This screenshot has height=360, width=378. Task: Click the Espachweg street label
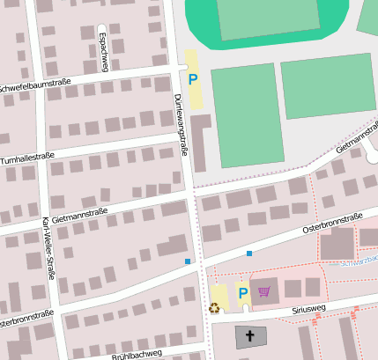[102, 51]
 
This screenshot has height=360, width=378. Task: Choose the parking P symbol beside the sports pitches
[193, 79]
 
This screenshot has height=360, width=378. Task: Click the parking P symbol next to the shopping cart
[242, 293]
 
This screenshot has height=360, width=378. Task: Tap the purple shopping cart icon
[263, 290]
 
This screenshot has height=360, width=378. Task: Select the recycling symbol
[214, 308]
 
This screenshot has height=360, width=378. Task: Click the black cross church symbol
[250, 335]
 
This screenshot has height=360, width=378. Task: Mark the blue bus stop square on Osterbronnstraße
[249, 253]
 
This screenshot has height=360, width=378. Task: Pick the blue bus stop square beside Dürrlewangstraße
[188, 261]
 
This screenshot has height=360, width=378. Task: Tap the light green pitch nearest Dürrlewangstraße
[247, 114]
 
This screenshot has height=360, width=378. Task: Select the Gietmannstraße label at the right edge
[356, 140]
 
